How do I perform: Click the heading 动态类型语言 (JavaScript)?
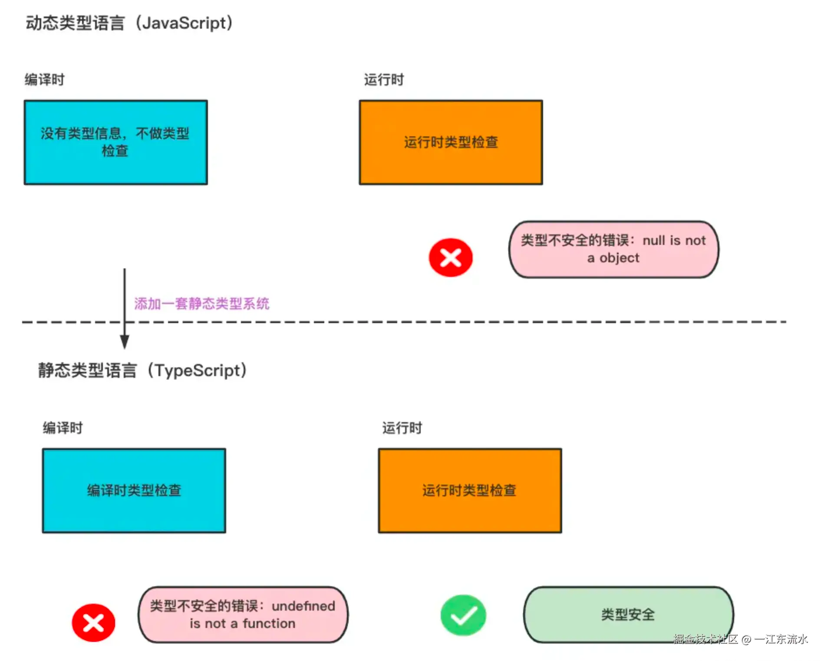(x=129, y=23)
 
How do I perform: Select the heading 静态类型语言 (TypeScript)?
(x=142, y=370)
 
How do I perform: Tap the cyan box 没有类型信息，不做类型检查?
(x=116, y=142)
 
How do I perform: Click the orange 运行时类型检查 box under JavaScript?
(x=451, y=142)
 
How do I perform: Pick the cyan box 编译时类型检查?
(x=134, y=491)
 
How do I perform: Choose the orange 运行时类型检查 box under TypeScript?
(x=470, y=491)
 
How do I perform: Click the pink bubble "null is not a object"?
(x=614, y=249)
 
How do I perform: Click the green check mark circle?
(x=463, y=615)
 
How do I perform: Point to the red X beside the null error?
(x=451, y=258)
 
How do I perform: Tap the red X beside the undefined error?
(x=93, y=623)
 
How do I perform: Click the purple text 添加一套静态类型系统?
(x=201, y=304)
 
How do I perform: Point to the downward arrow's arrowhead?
(x=125, y=342)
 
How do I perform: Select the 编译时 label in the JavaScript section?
(x=44, y=80)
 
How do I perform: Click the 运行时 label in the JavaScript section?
(x=384, y=80)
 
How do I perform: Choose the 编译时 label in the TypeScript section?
(x=63, y=428)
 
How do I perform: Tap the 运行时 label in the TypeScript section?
(x=402, y=428)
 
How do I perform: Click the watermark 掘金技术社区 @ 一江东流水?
(x=740, y=639)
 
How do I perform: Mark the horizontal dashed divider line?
(x=404, y=322)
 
